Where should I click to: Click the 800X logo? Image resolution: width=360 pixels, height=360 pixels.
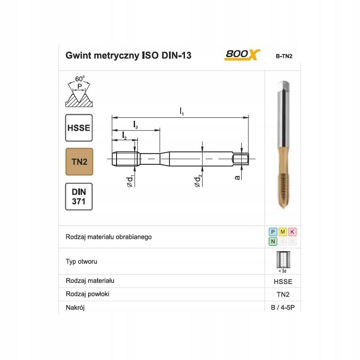(242, 55)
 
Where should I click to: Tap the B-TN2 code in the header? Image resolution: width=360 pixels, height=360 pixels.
(284, 56)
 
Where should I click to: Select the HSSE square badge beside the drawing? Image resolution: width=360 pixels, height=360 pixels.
(79, 128)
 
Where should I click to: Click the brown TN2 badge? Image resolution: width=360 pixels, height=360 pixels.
(79, 162)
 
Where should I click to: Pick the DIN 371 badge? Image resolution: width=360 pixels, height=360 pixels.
(79, 197)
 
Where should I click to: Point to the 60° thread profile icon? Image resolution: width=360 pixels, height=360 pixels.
(79, 91)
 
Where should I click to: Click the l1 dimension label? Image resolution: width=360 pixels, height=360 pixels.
(182, 112)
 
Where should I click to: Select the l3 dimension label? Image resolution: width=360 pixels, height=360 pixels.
(135, 125)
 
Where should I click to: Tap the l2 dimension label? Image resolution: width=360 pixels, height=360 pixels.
(124, 135)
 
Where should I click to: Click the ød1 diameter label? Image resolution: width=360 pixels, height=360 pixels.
(130, 181)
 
